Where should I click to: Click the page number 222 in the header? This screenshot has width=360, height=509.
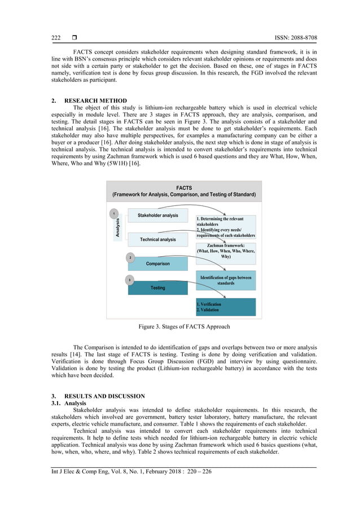[x=56, y=38]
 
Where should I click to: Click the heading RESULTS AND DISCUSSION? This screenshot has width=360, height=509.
[x=104, y=396]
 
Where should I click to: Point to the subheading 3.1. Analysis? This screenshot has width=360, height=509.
[x=67, y=403]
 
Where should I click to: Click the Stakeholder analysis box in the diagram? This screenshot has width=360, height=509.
[x=157, y=215]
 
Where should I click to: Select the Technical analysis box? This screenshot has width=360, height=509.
[x=157, y=239]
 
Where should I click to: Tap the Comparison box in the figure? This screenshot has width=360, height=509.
[x=157, y=264]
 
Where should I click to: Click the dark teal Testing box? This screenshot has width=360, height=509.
[x=157, y=288]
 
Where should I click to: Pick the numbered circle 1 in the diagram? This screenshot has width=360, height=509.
[x=114, y=214]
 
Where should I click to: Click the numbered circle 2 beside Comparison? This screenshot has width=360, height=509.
[x=130, y=257]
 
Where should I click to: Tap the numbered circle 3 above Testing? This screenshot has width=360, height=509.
[x=130, y=280]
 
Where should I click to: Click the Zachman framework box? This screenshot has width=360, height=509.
[x=226, y=252]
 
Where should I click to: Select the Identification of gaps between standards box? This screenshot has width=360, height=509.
[x=226, y=280]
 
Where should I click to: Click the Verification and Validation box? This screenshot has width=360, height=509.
[x=226, y=307]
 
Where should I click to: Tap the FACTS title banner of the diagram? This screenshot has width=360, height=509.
[x=184, y=191]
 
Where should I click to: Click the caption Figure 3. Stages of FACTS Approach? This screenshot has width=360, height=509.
[x=184, y=327]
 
